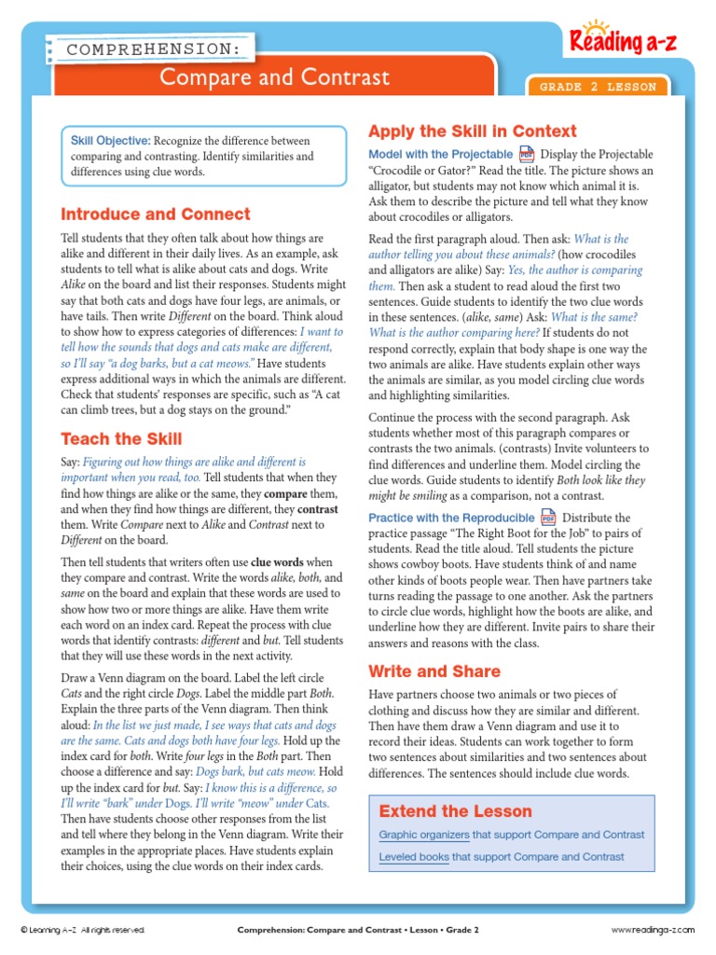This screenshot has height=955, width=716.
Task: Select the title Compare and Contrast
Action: tap(274, 77)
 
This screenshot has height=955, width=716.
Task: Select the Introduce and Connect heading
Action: tap(156, 214)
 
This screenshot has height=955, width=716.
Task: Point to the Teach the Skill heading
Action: tap(121, 438)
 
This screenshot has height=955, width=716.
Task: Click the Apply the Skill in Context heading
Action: tap(473, 131)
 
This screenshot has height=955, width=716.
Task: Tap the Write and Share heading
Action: tap(434, 671)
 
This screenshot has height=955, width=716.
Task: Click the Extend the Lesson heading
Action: tap(456, 810)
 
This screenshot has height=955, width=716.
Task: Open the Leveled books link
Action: tap(414, 856)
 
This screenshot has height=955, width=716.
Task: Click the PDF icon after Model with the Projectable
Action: tap(527, 154)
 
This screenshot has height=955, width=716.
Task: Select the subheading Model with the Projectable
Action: tap(441, 154)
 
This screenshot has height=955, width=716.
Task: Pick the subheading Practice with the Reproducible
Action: tap(452, 518)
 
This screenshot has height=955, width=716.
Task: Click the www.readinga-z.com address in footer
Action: tap(653, 930)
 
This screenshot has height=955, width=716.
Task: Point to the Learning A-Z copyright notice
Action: tap(83, 930)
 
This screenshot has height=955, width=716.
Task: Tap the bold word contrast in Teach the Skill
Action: tap(319, 509)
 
